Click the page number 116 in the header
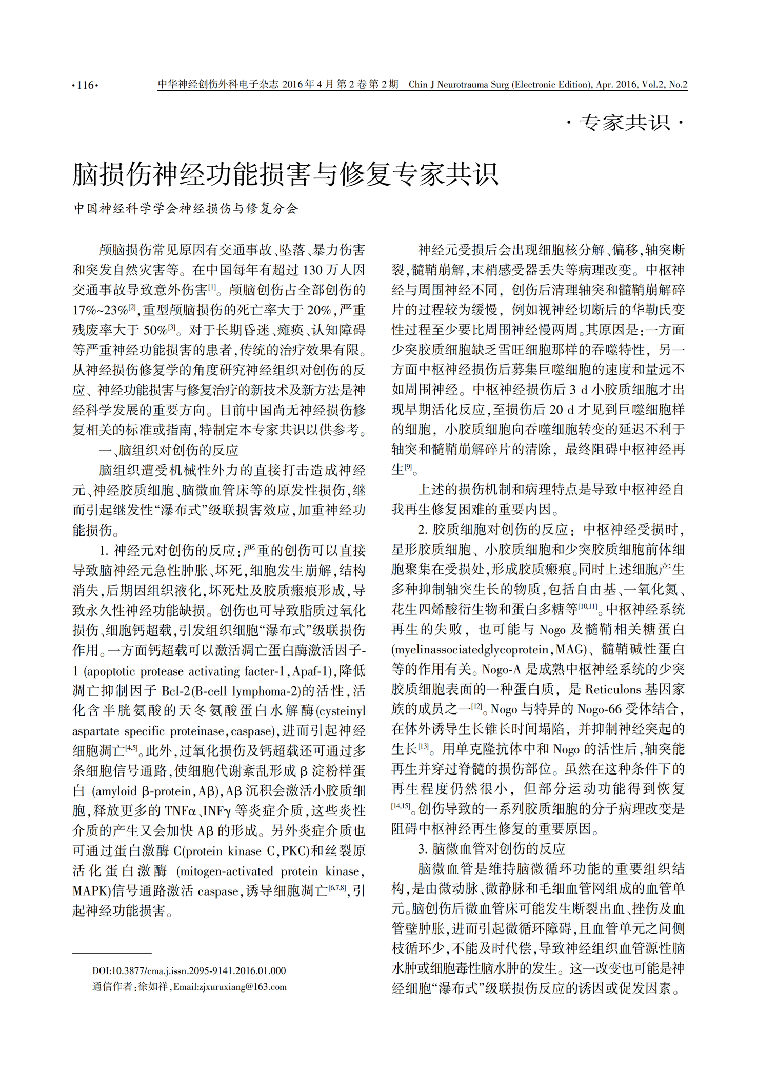pyautogui.click(x=85, y=85)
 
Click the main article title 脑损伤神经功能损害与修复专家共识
pyautogui.click(x=285, y=174)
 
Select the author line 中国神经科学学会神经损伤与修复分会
pyautogui.click(x=186, y=208)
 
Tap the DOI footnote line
pyautogui.click(x=189, y=970)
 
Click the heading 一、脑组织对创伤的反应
pyautogui.click(x=169, y=450)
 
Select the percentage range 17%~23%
pyautogui.click(x=99, y=310)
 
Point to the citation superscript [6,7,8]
pyautogui.click(x=337, y=888)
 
